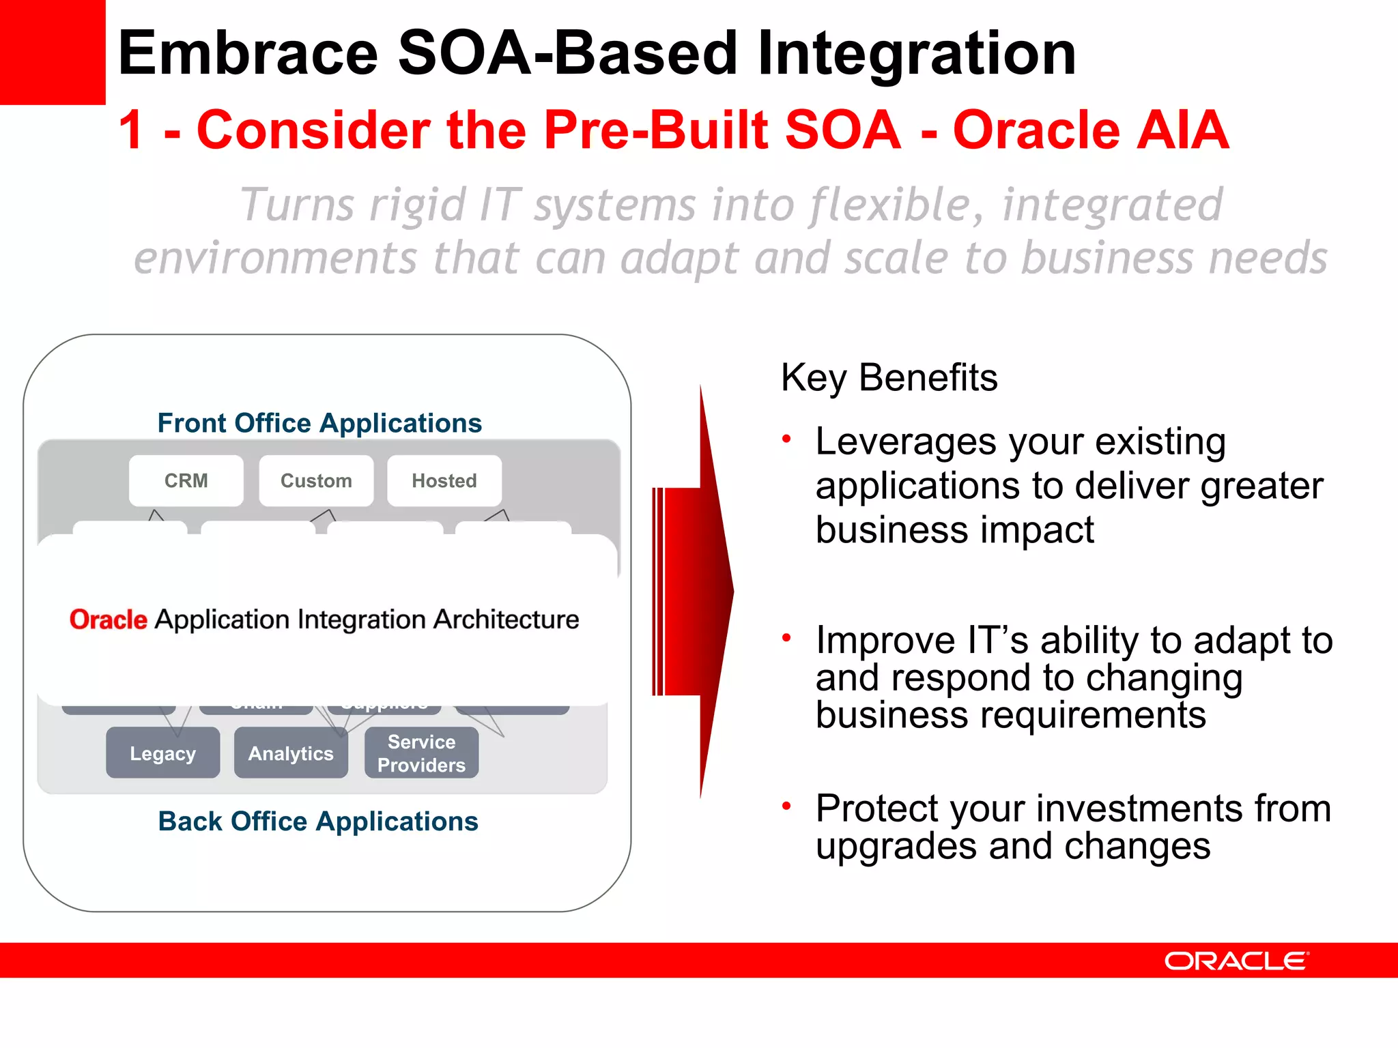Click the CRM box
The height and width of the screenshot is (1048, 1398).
186,481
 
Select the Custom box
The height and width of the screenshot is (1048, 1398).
316,481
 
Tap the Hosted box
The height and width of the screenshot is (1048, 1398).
444,481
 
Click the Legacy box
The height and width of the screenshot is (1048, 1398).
162,753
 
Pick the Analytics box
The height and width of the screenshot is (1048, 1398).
291,753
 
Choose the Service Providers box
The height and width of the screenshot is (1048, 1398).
421,753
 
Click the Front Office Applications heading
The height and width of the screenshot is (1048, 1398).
319,423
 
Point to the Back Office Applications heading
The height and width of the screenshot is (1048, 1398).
318,821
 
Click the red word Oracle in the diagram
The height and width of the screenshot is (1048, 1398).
108,620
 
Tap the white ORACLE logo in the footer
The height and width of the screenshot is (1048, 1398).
1236,961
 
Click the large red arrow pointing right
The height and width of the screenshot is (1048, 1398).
696,592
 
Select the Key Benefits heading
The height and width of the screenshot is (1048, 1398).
889,378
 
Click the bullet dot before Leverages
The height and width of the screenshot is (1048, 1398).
786,439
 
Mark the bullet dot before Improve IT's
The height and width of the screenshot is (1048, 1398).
786,638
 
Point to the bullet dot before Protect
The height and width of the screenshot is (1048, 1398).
786,806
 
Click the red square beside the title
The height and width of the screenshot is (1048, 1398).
52,52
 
